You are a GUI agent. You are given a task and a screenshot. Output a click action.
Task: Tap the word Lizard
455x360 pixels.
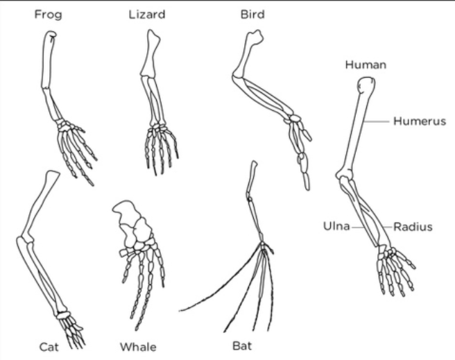[147, 15]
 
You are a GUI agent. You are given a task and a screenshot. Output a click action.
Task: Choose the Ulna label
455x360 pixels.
[338, 226]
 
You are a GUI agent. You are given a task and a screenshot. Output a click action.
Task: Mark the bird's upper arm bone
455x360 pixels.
[247, 55]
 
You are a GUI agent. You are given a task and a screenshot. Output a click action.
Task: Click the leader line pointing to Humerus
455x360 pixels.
[380, 121]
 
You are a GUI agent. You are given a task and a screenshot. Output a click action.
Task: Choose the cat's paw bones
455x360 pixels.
[72, 329]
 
